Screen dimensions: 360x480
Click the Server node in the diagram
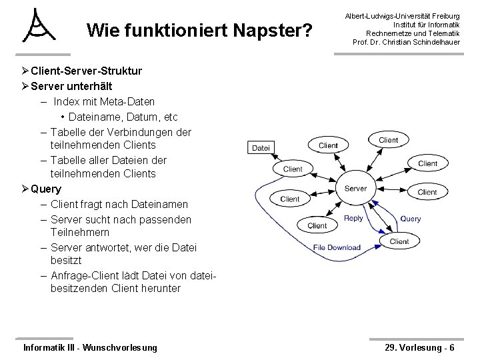coord(355,188)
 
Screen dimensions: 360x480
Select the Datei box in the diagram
coord(261,147)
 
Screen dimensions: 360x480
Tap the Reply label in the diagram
coord(353,218)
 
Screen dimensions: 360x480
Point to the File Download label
coord(337,247)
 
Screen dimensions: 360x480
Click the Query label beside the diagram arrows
coord(411,219)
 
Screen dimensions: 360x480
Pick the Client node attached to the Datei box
coord(293,169)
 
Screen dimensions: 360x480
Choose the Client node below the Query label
coord(399,241)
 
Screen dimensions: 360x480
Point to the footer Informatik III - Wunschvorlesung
coord(90,347)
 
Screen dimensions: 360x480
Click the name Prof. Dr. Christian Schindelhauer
coord(406,43)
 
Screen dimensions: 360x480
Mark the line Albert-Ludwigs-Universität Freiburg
coord(406,15)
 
